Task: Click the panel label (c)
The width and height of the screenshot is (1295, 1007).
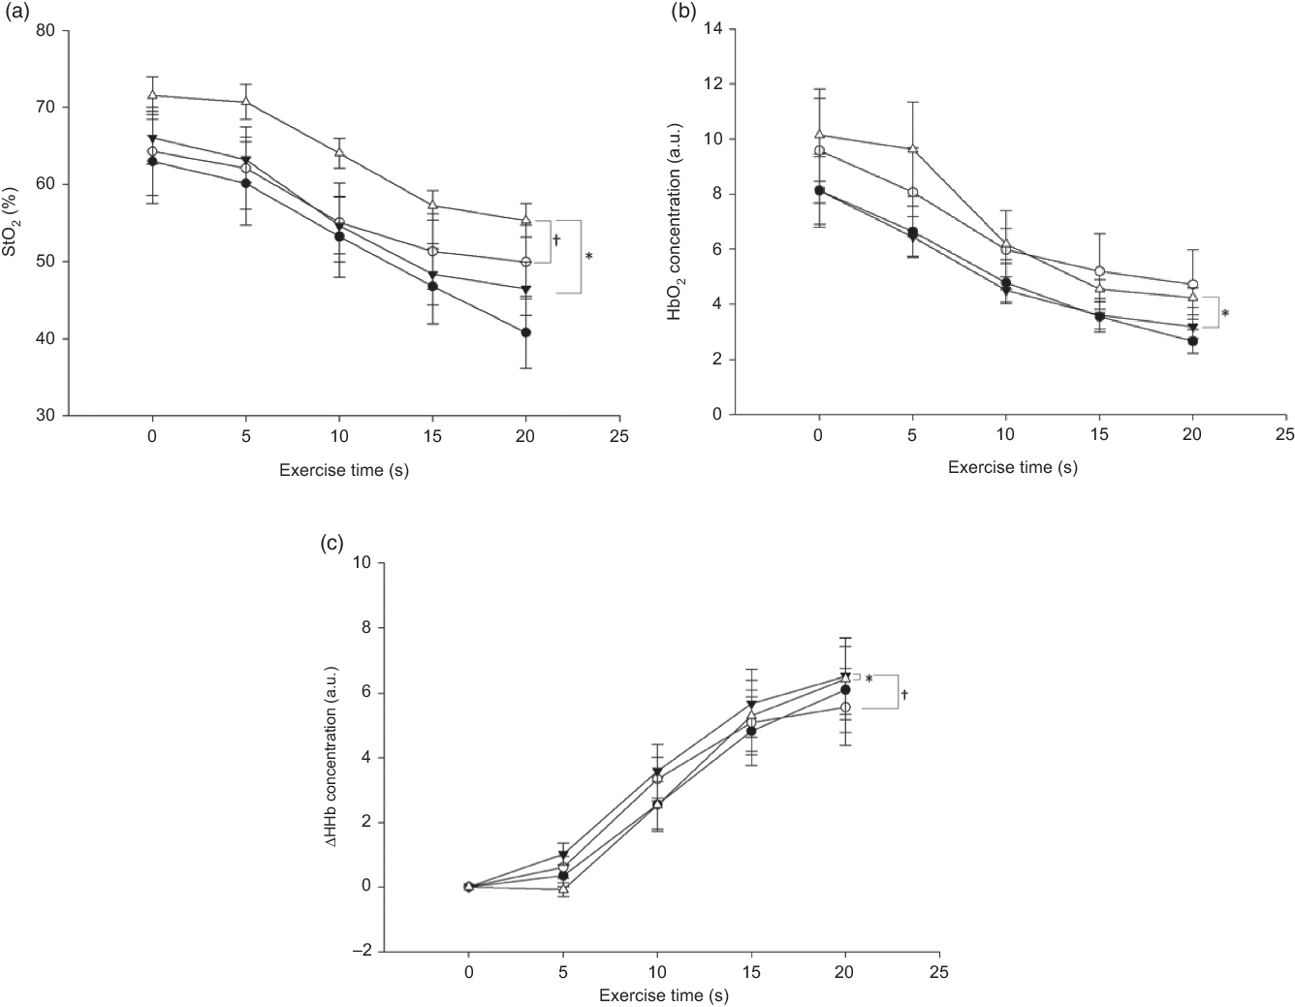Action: pos(330,545)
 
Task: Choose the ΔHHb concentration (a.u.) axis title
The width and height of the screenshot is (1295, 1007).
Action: pos(331,758)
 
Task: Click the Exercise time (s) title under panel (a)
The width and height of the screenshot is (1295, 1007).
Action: pos(342,471)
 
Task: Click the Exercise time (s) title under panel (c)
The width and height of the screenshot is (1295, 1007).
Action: pos(663,994)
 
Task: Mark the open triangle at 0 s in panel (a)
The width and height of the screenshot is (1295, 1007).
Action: pos(152,95)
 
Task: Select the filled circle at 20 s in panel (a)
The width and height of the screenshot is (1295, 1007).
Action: pos(526,332)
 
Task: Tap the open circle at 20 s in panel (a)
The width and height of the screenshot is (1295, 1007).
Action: pos(526,262)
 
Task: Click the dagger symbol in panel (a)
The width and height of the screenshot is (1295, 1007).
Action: pos(556,237)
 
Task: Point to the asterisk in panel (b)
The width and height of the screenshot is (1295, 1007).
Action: pos(1225,314)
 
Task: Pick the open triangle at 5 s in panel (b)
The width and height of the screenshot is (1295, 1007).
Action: pos(912,148)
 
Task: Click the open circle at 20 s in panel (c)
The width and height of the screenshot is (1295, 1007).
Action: pos(845,708)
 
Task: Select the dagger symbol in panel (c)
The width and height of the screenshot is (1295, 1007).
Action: pos(904,694)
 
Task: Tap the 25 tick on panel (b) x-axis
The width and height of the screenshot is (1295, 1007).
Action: pos(1285,435)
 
